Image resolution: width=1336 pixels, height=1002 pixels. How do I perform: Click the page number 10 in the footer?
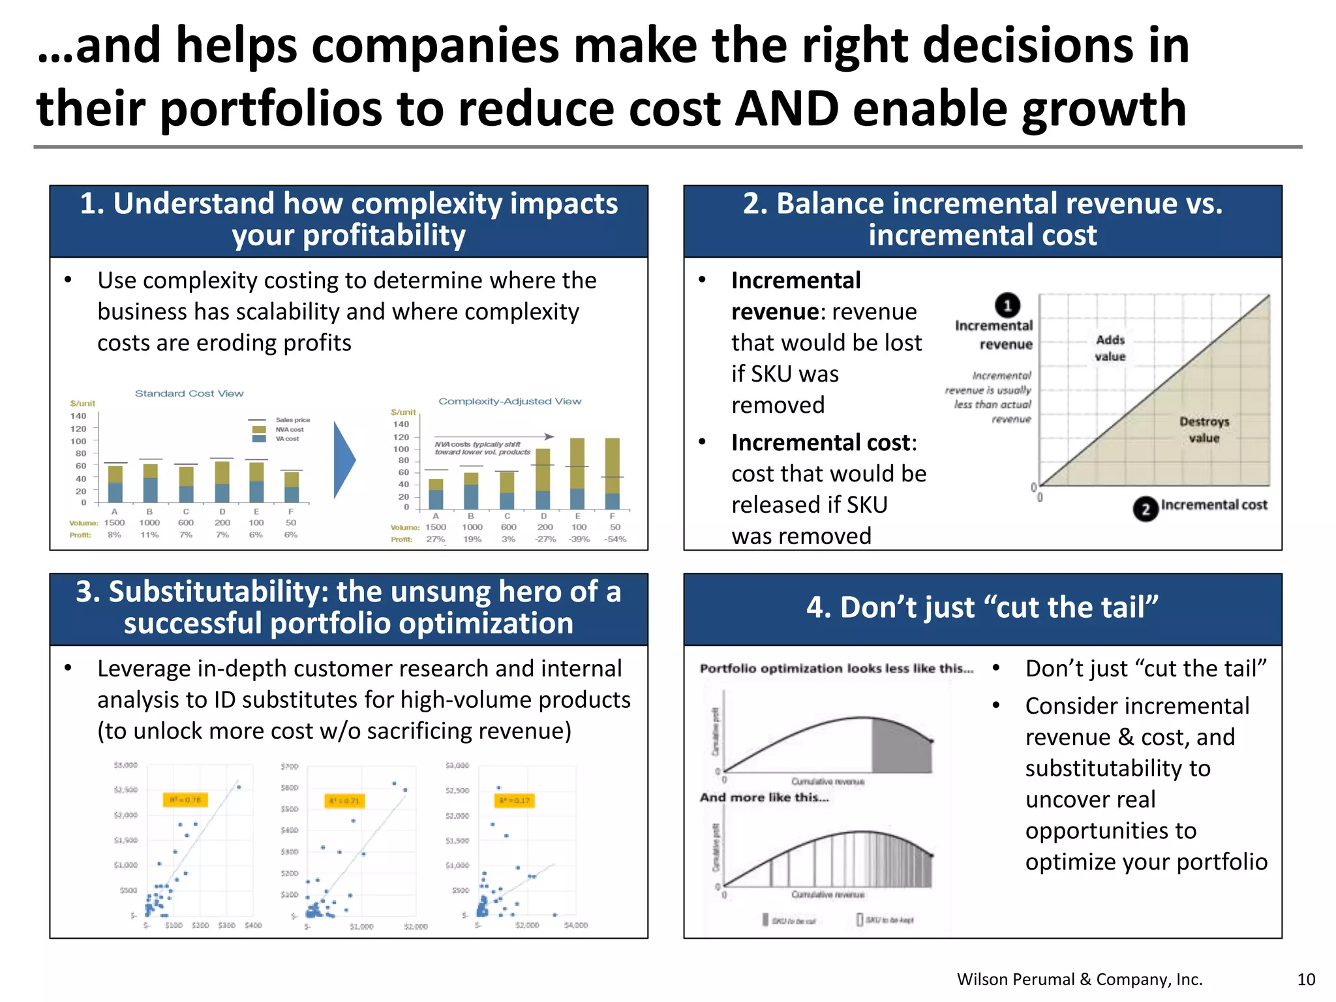pyautogui.click(x=1306, y=979)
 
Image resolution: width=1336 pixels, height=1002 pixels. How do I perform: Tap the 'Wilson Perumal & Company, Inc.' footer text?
pyautogui.click(x=1080, y=979)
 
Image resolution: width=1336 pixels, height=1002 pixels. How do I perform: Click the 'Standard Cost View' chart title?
pyautogui.click(x=189, y=393)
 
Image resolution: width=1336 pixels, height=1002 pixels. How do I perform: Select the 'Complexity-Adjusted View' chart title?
pyautogui.click(x=509, y=401)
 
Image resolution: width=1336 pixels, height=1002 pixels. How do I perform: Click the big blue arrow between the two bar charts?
pyautogui.click(x=344, y=460)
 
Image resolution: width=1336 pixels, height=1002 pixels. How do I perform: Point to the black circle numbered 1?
pyautogui.click(x=1007, y=305)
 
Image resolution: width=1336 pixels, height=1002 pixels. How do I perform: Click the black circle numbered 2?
pyautogui.click(x=1145, y=509)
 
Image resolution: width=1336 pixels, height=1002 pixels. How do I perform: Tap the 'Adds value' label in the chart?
pyautogui.click(x=1110, y=348)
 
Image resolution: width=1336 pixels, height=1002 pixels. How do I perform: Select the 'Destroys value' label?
pyautogui.click(x=1204, y=429)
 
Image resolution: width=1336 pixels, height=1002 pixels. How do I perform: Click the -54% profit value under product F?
pyautogui.click(x=615, y=539)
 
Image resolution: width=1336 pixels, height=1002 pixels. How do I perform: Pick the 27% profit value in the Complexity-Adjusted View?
pyautogui.click(x=435, y=539)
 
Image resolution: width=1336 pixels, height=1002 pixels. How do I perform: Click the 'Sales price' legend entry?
pyautogui.click(x=292, y=420)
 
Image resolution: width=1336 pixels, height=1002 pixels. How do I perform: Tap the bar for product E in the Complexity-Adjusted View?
pyautogui.click(x=577, y=473)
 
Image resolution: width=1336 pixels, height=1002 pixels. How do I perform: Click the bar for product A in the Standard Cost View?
pyautogui.click(x=115, y=483)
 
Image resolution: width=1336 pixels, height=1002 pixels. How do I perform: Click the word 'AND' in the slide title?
pyautogui.click(x=787, y=108)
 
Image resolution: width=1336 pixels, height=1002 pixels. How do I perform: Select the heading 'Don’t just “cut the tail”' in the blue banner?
pyautogui.click(x=982, y=607)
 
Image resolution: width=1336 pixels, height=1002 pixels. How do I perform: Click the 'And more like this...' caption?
pyautogui.click(x=764, y=797)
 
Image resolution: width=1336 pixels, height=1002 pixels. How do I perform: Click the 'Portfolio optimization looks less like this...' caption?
pyautogui.click(x=836, y=669)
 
